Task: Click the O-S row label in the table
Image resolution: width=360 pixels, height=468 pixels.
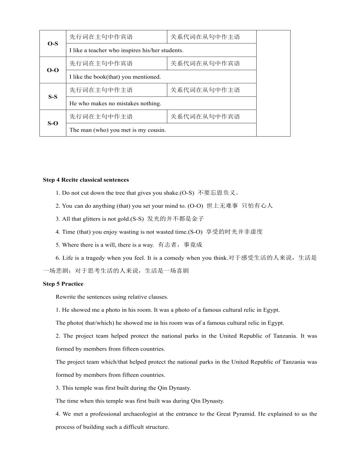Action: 52,44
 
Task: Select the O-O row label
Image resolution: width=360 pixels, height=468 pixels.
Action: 52,70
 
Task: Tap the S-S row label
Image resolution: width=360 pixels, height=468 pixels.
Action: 52,97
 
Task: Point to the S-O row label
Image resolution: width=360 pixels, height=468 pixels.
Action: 52,124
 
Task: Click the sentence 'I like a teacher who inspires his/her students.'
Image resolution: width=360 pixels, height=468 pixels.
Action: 126,50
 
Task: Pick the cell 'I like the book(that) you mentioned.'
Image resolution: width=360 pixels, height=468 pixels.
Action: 115,77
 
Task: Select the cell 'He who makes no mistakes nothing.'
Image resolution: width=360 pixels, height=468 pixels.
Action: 115,103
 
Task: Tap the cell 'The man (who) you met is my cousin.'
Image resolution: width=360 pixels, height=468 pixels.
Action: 117,130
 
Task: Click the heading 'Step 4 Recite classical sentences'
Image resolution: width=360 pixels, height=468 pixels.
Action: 86,180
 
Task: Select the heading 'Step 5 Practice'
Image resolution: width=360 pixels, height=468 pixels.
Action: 63,284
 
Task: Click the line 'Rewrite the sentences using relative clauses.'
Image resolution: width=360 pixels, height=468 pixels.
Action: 112,297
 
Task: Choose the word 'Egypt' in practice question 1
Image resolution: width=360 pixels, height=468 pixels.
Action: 272,310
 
